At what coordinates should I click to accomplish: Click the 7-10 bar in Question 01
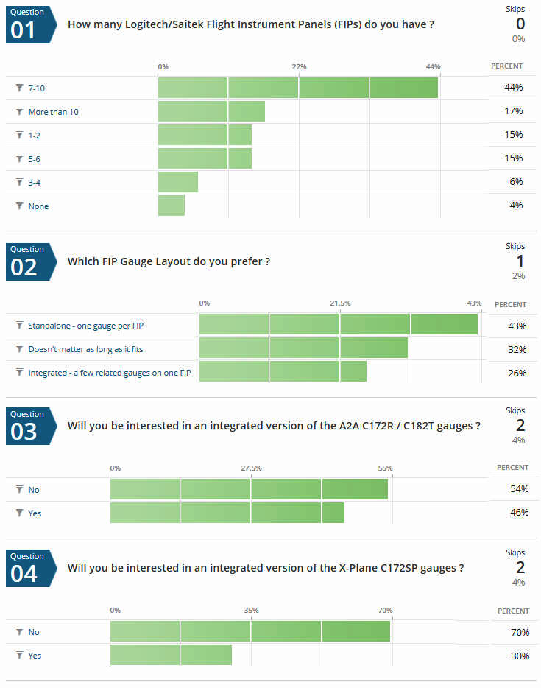point(297,88)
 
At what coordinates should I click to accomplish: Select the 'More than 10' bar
point(211,111)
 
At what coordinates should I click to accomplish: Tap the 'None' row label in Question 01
point(38,206)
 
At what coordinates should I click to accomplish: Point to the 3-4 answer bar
point(178,182)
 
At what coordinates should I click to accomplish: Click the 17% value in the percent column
point(514,111)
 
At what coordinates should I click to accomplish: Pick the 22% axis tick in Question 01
point(299,67)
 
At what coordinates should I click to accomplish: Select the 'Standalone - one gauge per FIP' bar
point(338,325)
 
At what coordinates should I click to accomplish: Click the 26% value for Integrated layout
point(517,373)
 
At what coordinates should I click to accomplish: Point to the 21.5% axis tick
point(340,303)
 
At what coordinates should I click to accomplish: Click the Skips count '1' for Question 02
point(519,261)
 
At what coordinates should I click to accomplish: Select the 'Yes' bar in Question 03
point(227,513)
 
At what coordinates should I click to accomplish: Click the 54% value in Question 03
point(520,490)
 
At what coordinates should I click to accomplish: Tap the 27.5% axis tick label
point(251,468)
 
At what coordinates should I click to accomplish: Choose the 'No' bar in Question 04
point(250,631)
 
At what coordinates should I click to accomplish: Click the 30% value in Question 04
point(520,656)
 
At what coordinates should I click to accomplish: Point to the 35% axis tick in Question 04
point(251,611)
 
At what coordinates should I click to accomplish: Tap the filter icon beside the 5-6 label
point(20,158)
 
